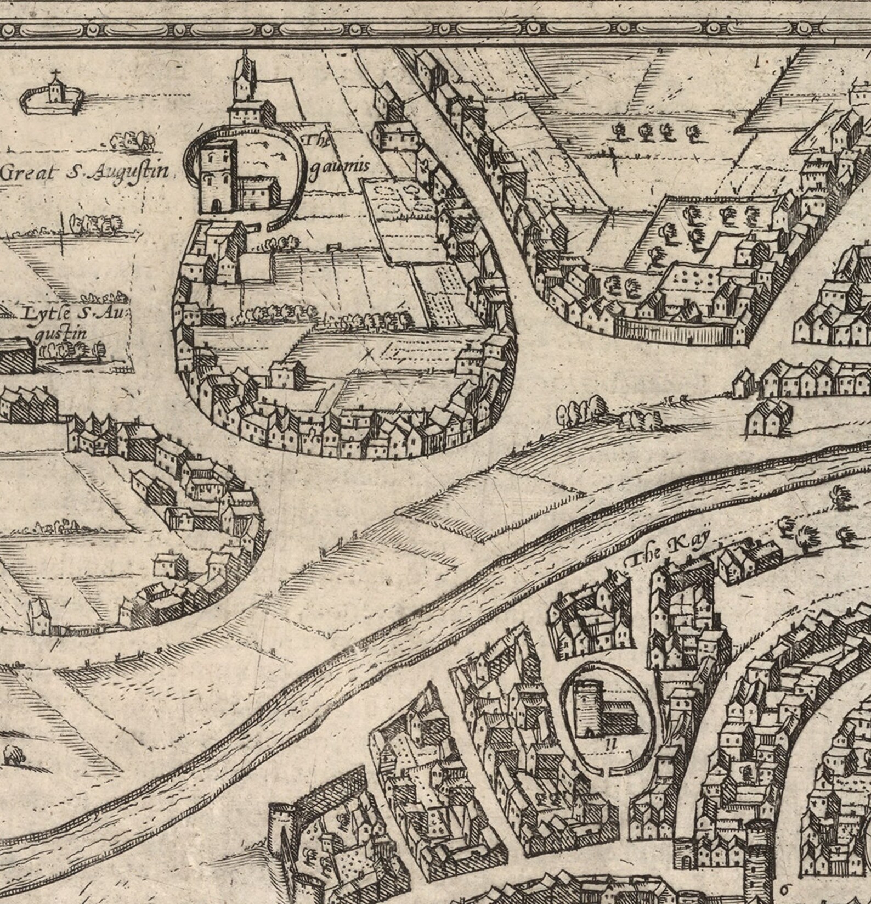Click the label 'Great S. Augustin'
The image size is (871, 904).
point(84,172)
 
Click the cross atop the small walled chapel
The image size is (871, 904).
point(55,73)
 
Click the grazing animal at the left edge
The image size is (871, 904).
point(13,756)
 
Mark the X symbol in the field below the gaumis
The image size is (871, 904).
point(369,353)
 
